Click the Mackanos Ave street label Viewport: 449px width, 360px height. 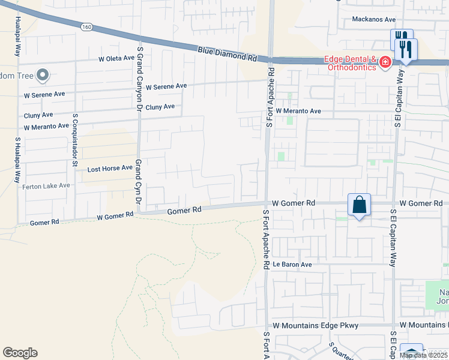pos(373,19)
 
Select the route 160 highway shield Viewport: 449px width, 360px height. pos(87,27)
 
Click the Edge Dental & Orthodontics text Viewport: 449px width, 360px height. pos(350,63)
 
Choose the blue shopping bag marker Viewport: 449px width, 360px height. pos(359,205)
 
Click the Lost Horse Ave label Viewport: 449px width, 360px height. pos(109,169)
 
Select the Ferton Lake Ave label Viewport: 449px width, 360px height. pos(46,186)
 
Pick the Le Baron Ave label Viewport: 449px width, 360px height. pos(292,264)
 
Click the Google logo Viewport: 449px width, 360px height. pos(20,353)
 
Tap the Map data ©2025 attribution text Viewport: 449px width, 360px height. pos(423,355)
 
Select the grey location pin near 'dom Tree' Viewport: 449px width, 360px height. pos(42,76)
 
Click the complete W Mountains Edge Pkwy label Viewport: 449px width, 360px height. pos(315,325)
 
